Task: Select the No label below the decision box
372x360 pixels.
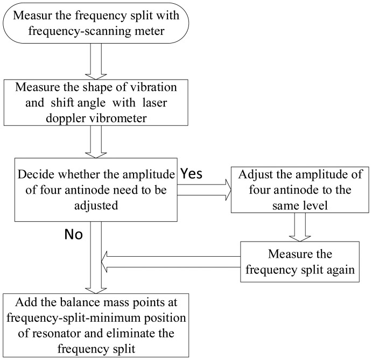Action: tap(73, 234)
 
